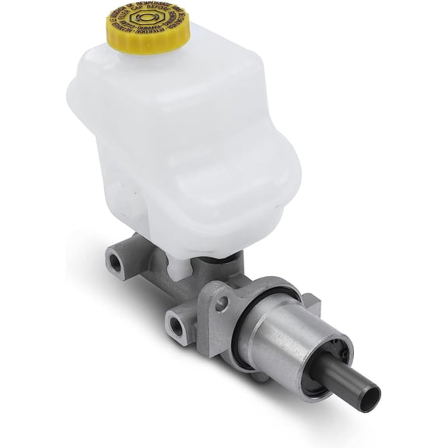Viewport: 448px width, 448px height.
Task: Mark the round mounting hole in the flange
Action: (x=223, y=304)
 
